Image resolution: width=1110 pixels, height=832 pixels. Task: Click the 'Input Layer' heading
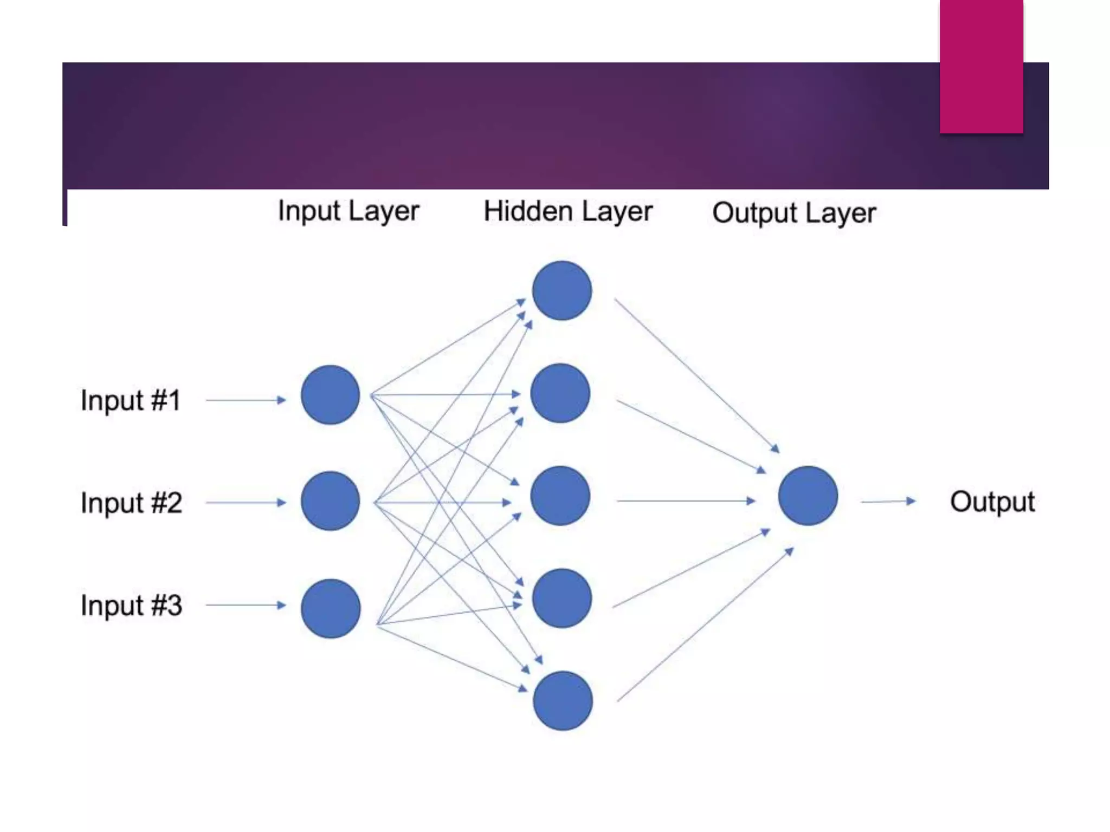pos(349,211)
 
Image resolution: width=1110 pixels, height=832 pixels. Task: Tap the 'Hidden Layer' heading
pos(567,212)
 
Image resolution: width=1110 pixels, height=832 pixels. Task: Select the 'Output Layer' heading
pos(793,213)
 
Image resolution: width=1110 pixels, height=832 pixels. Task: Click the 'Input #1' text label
pos(131,401)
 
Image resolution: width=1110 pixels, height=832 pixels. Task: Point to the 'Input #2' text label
pos(131,503)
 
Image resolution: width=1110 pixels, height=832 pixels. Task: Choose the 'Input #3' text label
pos(131,606)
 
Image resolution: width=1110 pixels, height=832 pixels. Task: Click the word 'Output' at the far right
pos(992,502)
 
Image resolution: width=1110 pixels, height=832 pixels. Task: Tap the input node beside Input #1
pos(330,395)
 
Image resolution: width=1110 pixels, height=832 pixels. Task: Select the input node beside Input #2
pos(330,500)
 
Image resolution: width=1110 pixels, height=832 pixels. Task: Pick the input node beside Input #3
pos(331,608)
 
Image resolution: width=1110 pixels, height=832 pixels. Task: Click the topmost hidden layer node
pos(562,291)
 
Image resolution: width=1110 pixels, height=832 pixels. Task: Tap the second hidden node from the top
pos(560,393)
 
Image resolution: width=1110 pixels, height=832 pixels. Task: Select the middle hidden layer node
pos(560,496)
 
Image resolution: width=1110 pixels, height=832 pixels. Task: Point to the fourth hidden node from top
pos(562,598)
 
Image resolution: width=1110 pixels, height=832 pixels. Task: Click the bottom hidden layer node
pos(563,701)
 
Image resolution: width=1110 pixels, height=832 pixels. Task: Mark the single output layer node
pos(808,496)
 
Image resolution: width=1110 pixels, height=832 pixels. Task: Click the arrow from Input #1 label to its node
pos(246,400)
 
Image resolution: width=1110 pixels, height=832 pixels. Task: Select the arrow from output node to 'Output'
pos(888,502)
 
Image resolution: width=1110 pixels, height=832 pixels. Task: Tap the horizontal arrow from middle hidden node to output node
pos(686,501)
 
